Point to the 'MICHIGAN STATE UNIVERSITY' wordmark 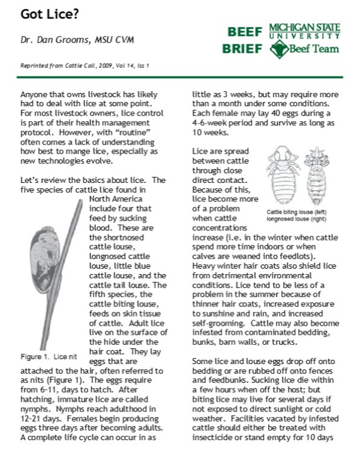304,31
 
